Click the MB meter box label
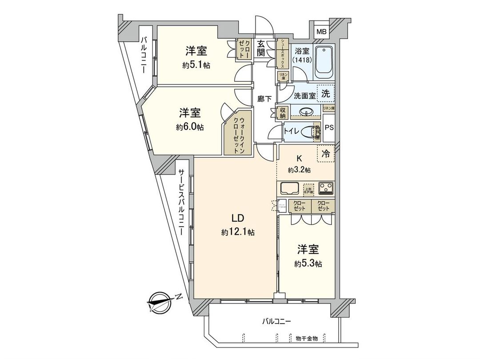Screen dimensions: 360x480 (321, 32)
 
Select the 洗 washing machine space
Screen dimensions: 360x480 (326, 94)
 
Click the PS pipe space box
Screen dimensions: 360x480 (329, 127)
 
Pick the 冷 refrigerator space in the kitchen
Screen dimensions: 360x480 (326, 154)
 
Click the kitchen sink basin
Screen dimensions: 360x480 (289, 188)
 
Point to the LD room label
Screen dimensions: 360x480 (237, 218)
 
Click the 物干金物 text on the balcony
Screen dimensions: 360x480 (307, 339)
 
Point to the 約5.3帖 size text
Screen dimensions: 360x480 (308, 263)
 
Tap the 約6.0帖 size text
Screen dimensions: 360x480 (190, 127)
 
